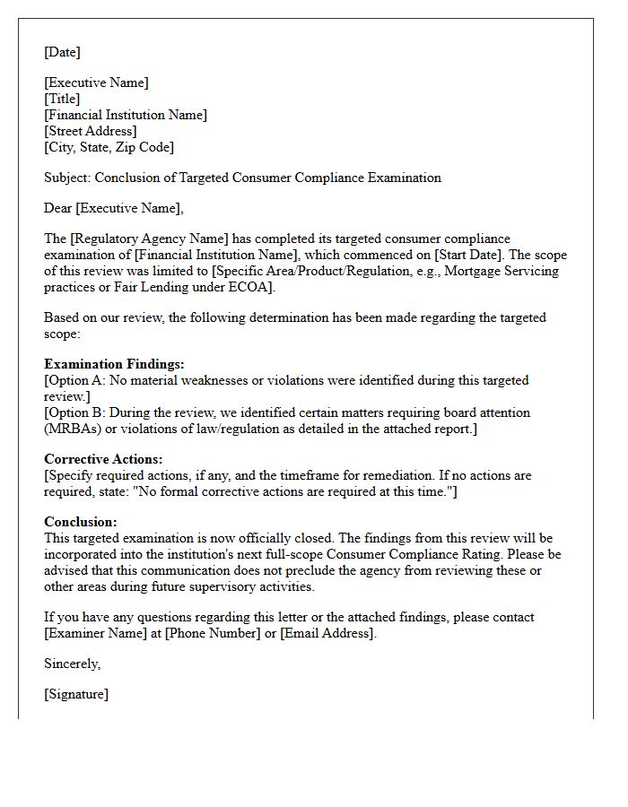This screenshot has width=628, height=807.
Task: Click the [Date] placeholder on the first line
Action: click(62, 52)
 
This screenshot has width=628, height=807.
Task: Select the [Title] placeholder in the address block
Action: click(62, 99)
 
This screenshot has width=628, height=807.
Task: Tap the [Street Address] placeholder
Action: click(91, 131)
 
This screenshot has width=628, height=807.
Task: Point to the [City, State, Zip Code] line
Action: click(109, 147)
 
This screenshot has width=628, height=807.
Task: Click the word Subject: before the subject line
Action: click(67, 178)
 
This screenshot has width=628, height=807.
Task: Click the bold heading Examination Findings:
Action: click(114, 364)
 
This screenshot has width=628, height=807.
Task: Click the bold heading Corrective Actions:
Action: click(103, 459)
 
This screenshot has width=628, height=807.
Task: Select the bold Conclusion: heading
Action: click(81, 521)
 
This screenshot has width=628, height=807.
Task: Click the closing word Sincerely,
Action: click(73, 664)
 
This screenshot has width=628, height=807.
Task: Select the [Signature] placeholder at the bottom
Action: click(76, 694)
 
